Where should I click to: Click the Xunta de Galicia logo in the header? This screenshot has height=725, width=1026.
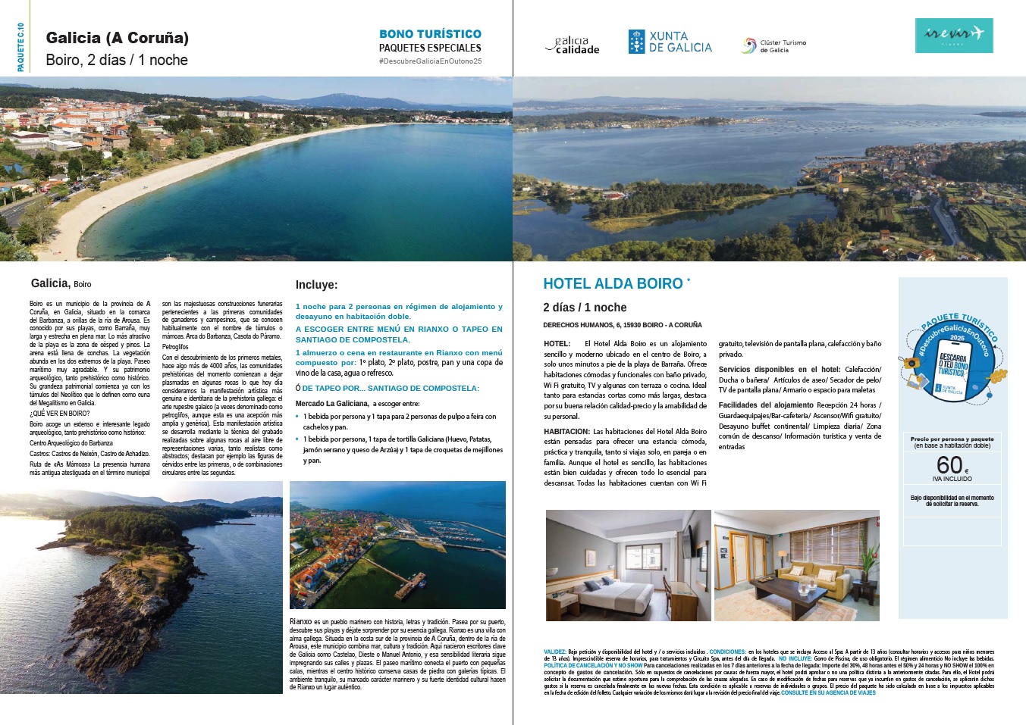[x=670, y=42]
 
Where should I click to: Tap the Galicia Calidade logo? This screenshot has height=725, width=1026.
[x=573, y=45]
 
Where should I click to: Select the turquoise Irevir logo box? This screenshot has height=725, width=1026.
[x=954, y=35]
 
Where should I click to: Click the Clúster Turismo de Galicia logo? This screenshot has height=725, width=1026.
[x=773, y=46]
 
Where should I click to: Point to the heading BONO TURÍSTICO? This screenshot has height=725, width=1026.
[x=430, y=34]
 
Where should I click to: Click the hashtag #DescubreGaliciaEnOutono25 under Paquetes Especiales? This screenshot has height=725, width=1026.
[x=430, y=61]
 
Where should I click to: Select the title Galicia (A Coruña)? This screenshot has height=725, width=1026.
[x=118, y=38]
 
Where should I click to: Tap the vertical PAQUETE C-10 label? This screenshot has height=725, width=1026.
[x=20, y=47]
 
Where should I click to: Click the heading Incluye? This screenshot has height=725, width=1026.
[x=316, y=285]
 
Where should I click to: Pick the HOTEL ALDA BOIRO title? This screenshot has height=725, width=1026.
[x=613, y=283]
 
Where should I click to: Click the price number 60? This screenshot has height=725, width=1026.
[x=949, y=464]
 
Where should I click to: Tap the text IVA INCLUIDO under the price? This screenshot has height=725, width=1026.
[x=952, y=479]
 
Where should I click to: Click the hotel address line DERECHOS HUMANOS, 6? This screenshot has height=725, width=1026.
[x=622, y=325]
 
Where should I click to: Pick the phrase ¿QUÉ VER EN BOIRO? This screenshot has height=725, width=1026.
[x=60, y=414]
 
